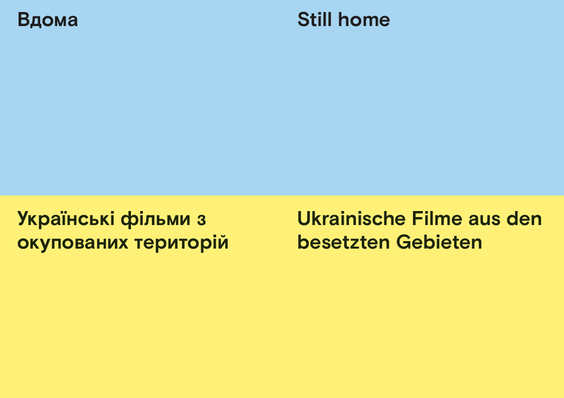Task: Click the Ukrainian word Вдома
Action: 48,20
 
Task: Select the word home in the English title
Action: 364,20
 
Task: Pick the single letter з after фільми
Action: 201,220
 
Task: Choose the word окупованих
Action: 73,243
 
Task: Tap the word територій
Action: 182,243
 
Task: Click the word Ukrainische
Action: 351,219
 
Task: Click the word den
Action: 524,219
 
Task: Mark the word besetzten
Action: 344,242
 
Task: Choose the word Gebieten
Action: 439,242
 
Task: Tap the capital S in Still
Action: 304,20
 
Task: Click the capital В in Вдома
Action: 24,20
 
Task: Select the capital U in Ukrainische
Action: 304,219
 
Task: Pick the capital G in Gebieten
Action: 404,242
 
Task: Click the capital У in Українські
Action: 24,219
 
